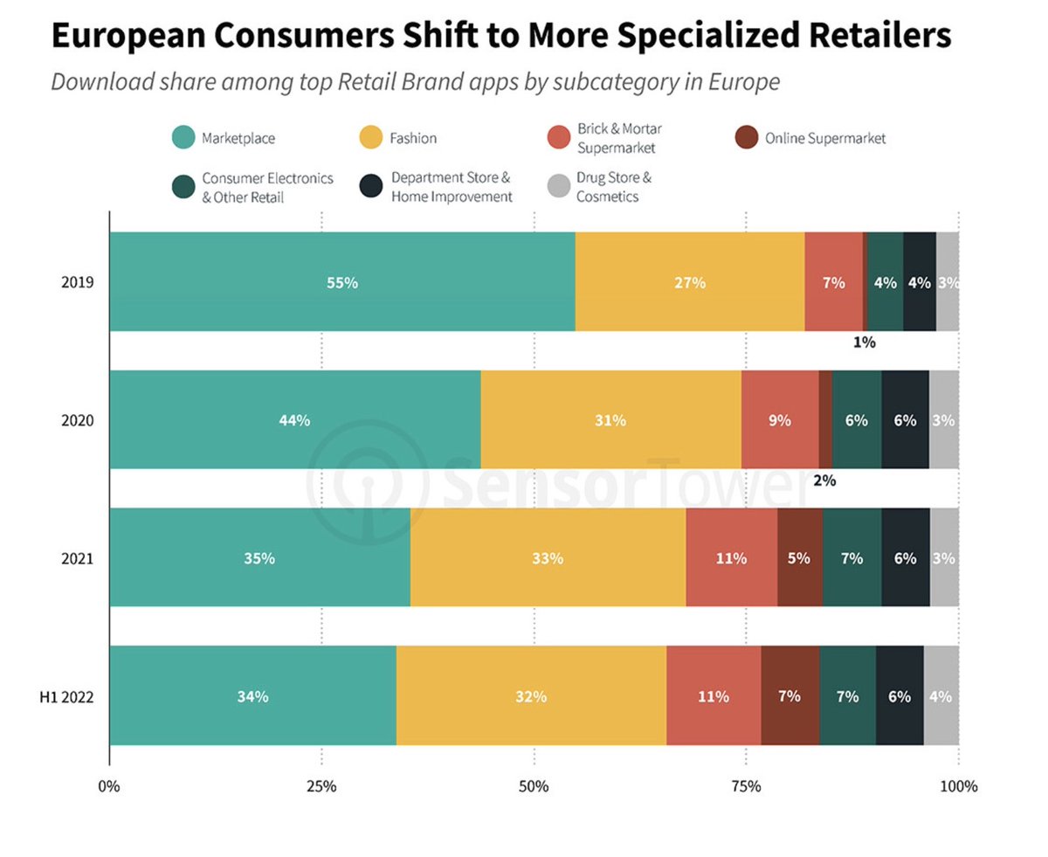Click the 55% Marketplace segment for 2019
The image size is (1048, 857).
coord(341,282)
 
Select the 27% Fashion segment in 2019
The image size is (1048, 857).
coord(689,282)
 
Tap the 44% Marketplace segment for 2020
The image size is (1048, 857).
coord(294,420)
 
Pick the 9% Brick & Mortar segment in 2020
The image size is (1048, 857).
coord(779,420)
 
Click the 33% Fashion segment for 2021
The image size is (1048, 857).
coord(548,558)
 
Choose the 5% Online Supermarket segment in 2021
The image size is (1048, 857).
coord(799,558)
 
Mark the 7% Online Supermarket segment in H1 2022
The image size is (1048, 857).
coord(789,696)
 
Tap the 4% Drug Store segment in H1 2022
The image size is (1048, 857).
coord(941,696)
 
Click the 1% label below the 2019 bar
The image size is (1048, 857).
coord(864,342)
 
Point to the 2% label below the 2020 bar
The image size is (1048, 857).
coord(824,480)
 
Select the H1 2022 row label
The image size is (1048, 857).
coord(66,697)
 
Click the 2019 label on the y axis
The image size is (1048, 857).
coord(77,283)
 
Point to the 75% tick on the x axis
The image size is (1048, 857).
coord(746,786)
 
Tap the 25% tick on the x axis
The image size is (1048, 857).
coord(321,786)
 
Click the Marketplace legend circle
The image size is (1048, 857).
coord(183,138)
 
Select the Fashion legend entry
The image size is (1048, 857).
coord(412,138)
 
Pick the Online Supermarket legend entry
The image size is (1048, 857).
coord(824,138)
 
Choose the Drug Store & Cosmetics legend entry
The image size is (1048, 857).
coord(613,187)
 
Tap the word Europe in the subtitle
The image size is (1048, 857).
coord(748,82)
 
